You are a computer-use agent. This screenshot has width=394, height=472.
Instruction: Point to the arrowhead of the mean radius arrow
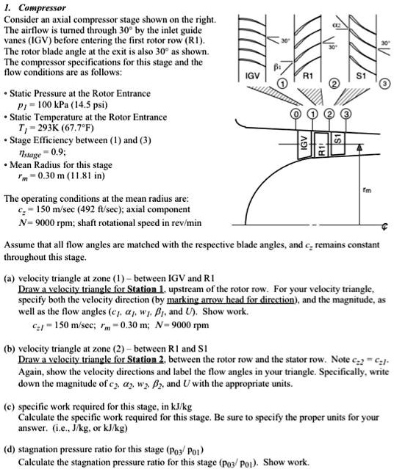pyautogui.click(x=359, y=149)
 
